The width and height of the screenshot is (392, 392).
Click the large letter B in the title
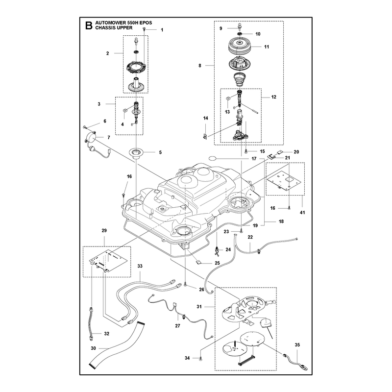tap(89, 25)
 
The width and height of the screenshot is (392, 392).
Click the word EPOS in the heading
tap(146, 23)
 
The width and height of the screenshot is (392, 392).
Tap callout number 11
tap(267, 47)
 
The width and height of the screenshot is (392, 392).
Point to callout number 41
tap(302, 213)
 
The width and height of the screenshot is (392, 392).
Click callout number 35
tap(297, 345)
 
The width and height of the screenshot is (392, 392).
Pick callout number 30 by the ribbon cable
tap(93, 348)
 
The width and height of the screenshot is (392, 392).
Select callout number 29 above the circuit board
tap(104, 230)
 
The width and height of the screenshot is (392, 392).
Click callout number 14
tap(205, 118)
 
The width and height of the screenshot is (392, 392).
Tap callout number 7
tap(109, 138)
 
